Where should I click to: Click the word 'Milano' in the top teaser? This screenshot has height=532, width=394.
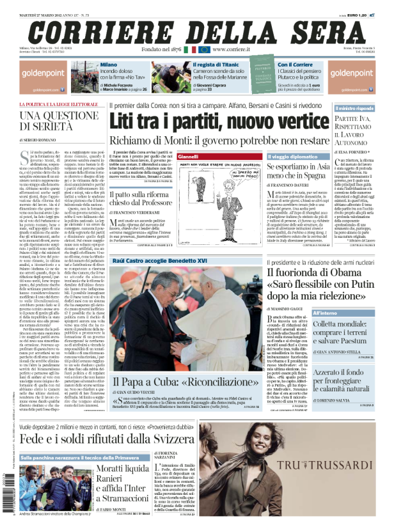click(x=109, y=65)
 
